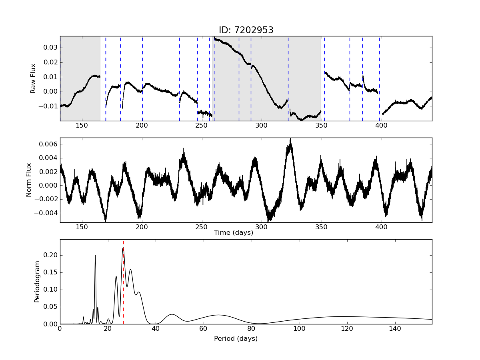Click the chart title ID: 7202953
pos(246,30)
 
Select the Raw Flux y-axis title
pos(34,78)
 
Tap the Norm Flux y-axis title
pos(29,180)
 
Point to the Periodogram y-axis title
pos(37,281)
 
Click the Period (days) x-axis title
pos(236,338)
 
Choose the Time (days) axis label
pos(233,233)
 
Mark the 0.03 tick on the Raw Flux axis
pos(50,48)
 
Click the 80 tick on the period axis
pos(252,329)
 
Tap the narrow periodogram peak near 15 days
pos(95,256)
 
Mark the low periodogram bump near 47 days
pos(172,314)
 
